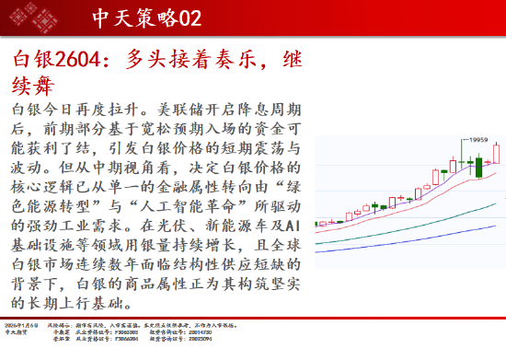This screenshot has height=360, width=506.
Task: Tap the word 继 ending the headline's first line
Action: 286,62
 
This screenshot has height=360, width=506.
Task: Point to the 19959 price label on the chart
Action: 473,139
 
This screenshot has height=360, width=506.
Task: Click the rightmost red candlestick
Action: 496,153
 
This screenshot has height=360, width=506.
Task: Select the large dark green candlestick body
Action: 479,167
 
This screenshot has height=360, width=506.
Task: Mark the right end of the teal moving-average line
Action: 498,203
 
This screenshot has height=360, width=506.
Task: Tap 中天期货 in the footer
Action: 17,332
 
